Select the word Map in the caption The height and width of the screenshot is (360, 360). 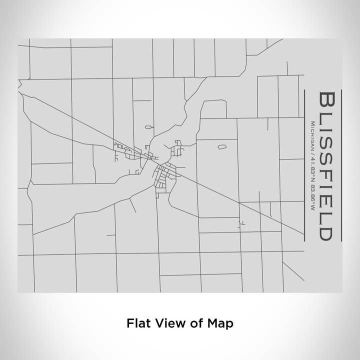220,323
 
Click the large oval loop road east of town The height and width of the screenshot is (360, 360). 221,147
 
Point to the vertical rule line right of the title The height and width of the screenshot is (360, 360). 341,165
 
